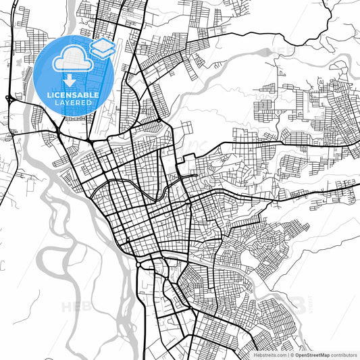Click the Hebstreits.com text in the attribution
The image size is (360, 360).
coord(269,355)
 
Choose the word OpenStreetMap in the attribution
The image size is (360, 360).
coord(311,355)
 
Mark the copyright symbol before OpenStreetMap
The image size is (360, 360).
coord(290,355)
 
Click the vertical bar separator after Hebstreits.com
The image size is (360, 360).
coord(286,355)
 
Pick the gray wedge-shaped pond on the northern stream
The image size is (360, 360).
coord(338,68)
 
